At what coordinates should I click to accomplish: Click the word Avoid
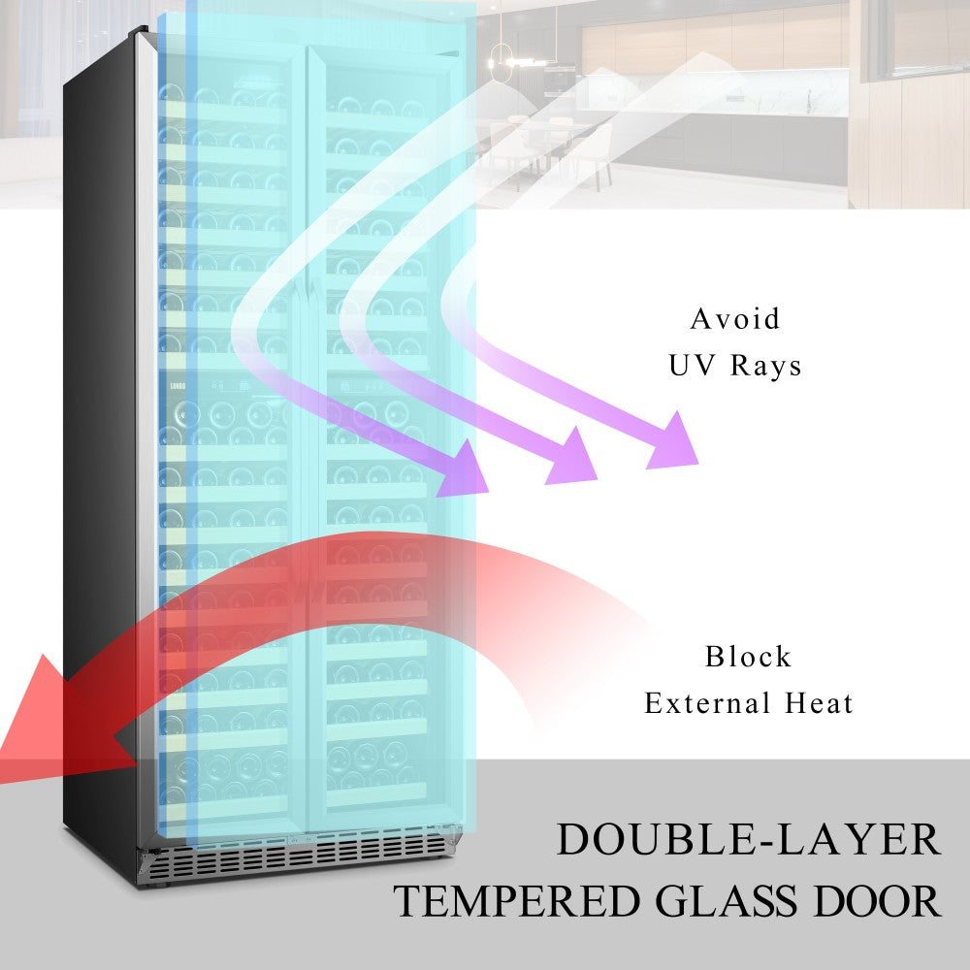click(x=734, y=318)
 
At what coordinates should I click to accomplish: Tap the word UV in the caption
click(x=691, y=366)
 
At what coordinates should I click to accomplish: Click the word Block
click(x=748, y=657)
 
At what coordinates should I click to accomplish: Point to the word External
click(x=707, y=703)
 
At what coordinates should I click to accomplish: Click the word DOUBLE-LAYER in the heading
click(x=748, y=840)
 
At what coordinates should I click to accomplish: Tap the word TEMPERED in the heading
click(x=516, y=902)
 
